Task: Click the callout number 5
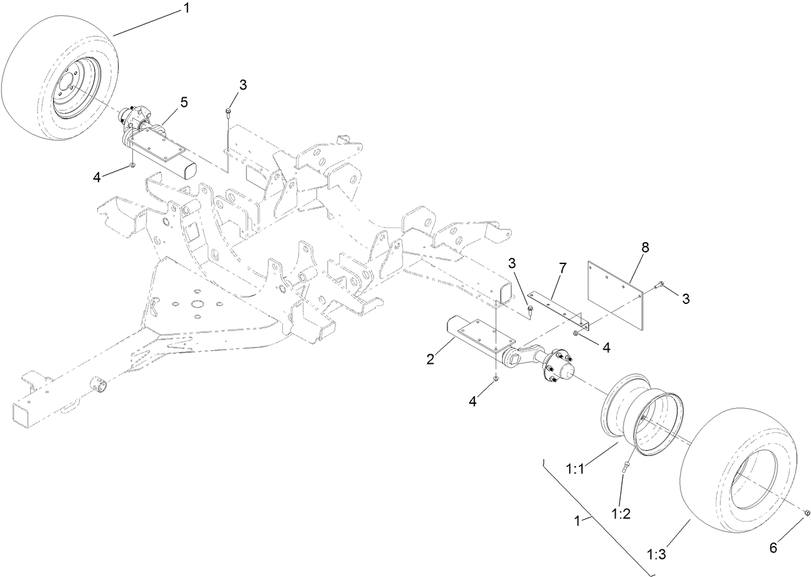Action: click(184, 102)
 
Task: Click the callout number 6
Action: click(773, 548)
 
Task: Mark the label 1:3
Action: click(658, 553)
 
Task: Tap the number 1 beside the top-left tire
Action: click(186, 8)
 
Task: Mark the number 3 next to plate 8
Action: click(685, 299)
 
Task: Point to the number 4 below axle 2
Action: click(473, 401)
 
